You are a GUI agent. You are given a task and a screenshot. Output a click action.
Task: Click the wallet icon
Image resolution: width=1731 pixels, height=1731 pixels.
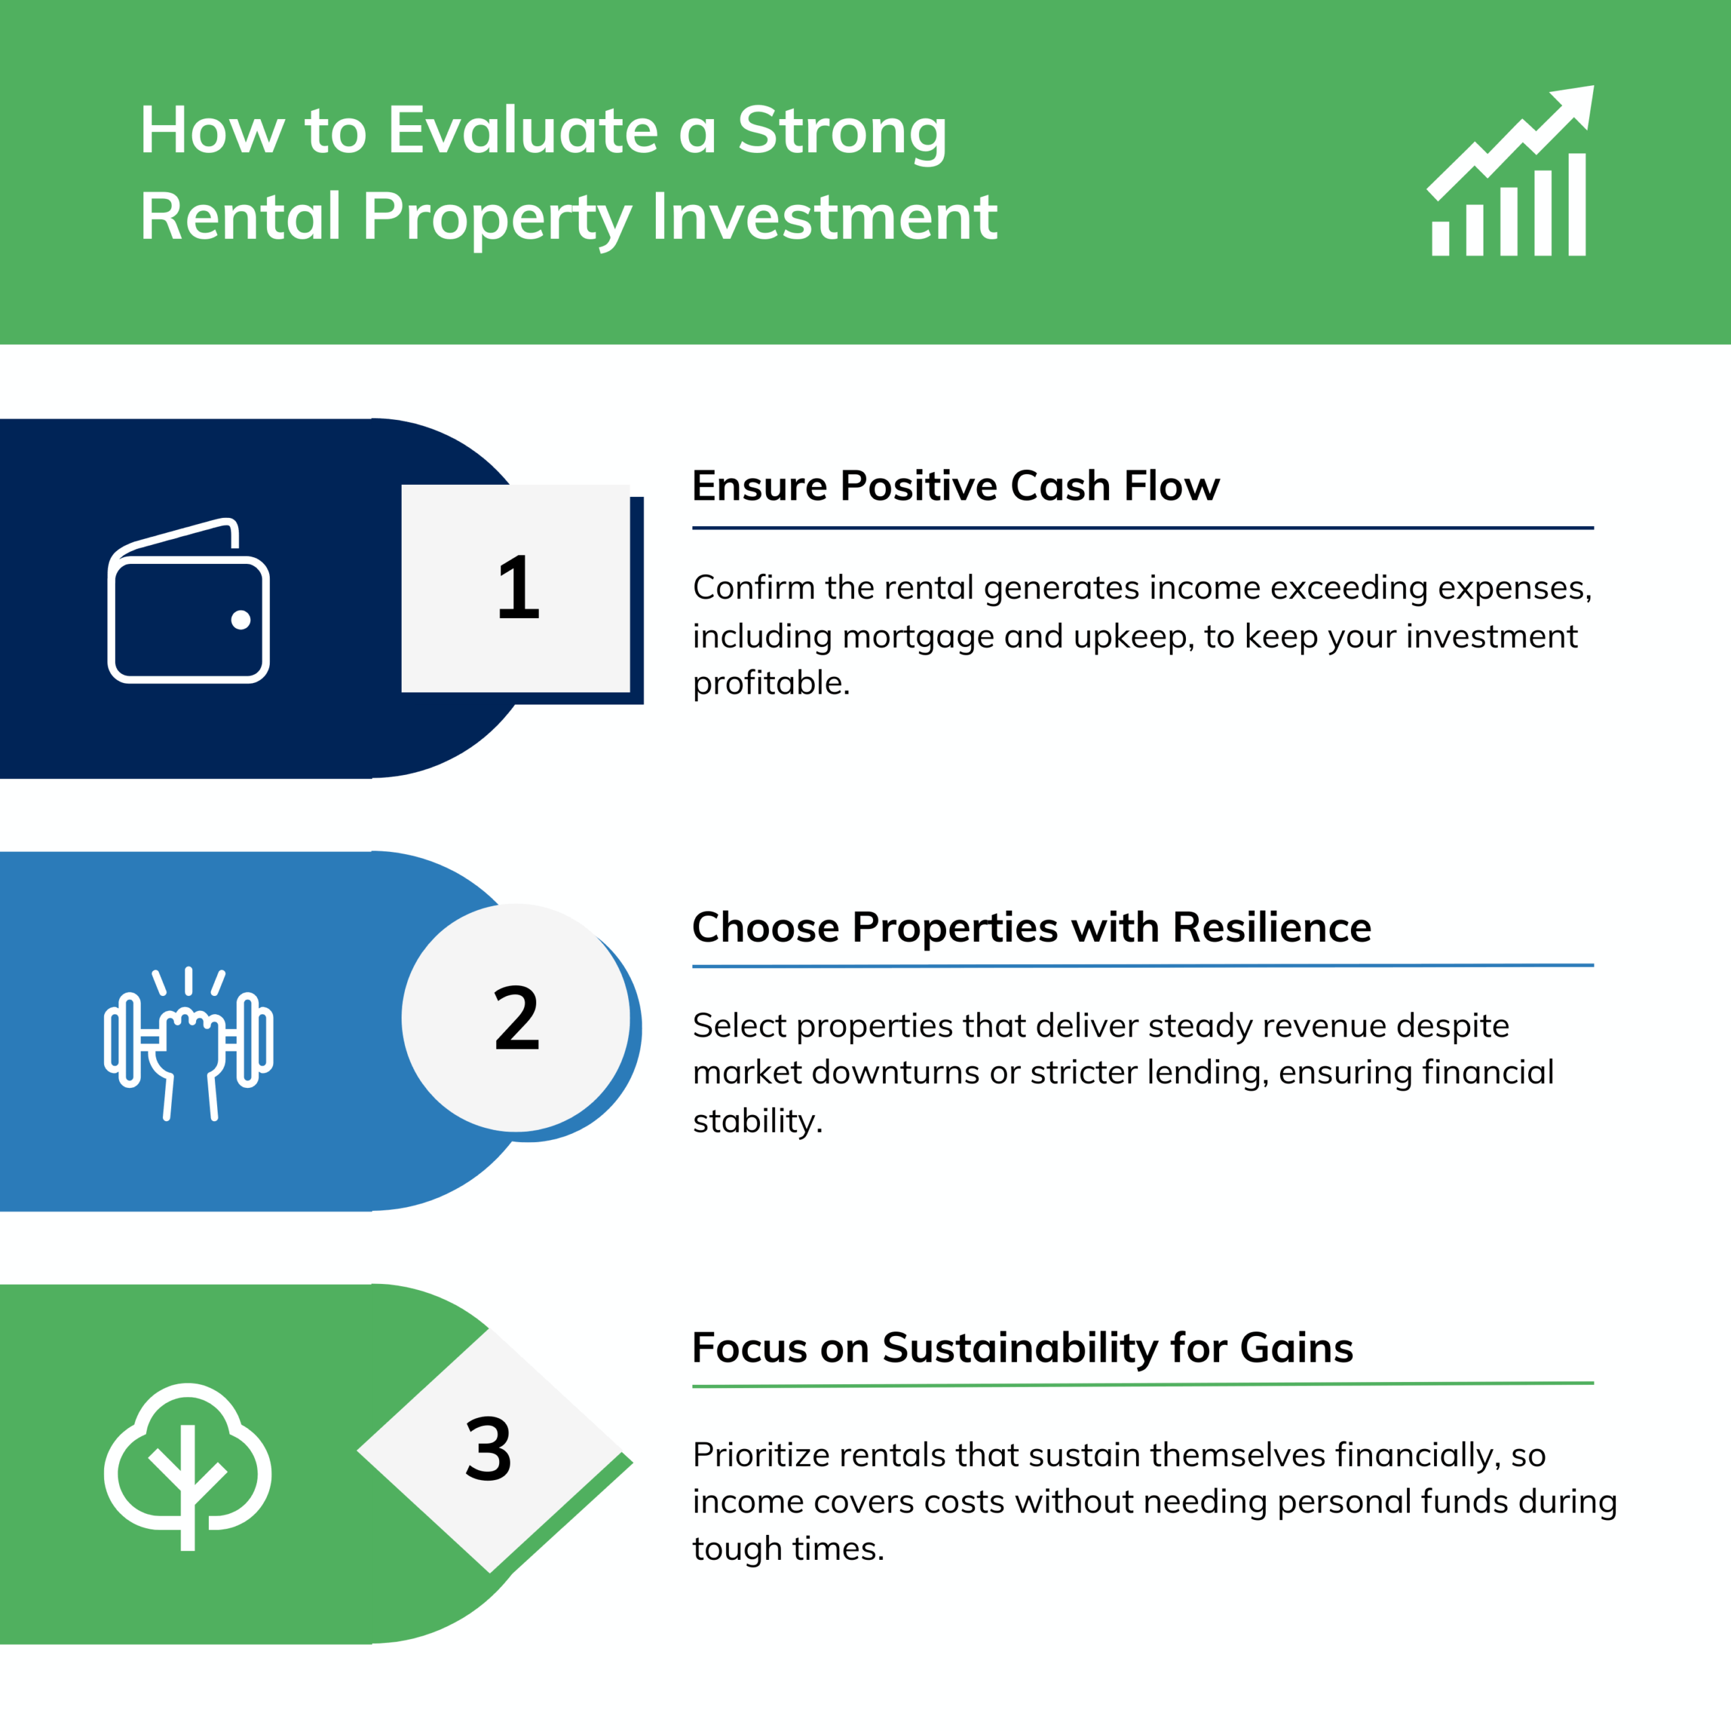click(188, 600)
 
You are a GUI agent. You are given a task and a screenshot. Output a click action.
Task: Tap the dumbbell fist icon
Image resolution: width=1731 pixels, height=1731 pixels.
click(188, 1044)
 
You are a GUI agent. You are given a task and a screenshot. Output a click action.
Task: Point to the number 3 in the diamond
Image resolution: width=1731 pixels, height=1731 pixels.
click(488, 1449)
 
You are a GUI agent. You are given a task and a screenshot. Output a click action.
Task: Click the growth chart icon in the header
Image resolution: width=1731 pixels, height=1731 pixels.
click(1510, 170)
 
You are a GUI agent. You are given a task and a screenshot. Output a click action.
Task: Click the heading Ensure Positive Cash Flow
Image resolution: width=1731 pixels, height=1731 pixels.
click(955, 485)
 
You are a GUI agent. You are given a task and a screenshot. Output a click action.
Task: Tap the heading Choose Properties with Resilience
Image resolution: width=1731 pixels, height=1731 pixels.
click(1031, 926)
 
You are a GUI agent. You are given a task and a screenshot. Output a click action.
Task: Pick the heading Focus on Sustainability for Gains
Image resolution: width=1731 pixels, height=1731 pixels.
click(1022, 1348)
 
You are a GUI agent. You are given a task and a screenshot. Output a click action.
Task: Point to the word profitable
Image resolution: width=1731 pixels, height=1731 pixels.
click(771, 684)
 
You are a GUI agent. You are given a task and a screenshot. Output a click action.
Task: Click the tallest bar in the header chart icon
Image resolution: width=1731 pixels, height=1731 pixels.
click(1577, 204)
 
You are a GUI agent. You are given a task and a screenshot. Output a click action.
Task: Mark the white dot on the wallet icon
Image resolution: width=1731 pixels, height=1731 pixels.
click(240, 619)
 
